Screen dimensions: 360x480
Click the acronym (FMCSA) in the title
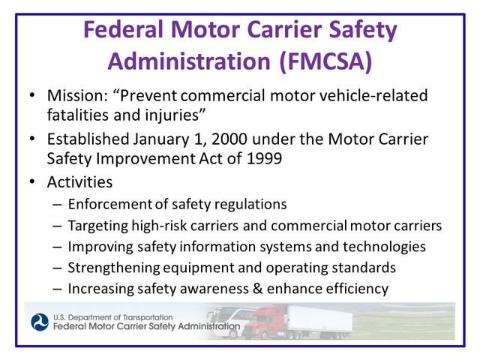(326, 61)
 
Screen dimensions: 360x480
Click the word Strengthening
(112, 268)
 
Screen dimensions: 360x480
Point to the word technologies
(387, 247)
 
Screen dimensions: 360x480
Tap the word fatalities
(76, 117)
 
